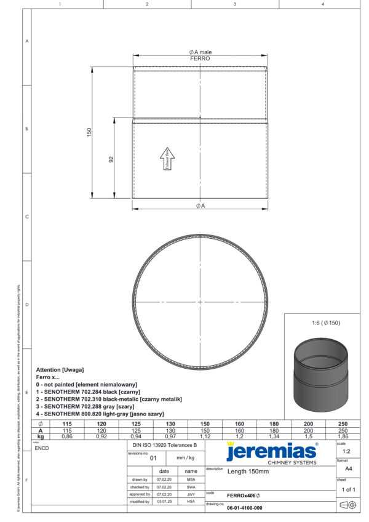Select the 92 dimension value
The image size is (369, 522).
pos(111,159)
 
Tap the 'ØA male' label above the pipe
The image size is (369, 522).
pos(200,52)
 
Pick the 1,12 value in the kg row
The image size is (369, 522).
pos(205,436)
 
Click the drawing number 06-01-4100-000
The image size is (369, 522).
pos(245,508)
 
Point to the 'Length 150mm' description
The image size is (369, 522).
pos(248,472)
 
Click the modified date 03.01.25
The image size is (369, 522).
pos(164,502)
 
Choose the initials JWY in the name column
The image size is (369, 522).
pos(191,494)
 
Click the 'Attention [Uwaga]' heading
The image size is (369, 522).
pos(60,369)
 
